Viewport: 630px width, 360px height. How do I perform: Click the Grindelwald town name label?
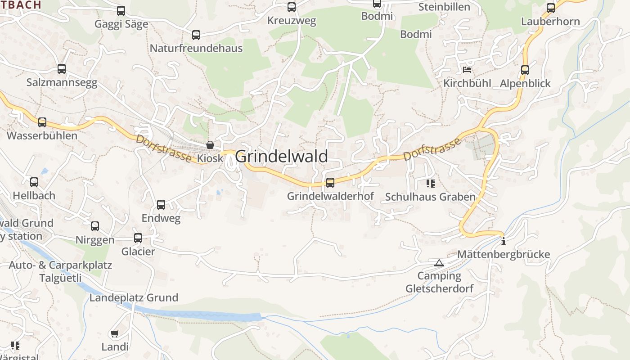281,156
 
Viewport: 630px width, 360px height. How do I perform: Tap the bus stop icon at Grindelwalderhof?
330,182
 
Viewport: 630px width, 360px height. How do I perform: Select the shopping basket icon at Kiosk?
210,145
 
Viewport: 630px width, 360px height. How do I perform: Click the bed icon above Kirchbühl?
467,70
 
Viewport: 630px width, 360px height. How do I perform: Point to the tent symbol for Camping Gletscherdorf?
439,263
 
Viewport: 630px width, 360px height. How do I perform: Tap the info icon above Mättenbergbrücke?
503,241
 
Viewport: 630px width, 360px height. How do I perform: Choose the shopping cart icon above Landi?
114,334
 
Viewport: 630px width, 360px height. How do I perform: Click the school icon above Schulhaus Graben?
431,183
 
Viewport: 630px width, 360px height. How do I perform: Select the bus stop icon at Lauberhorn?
551,8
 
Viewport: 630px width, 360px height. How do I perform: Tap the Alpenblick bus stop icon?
525,70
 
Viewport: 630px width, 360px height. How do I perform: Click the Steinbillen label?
444,7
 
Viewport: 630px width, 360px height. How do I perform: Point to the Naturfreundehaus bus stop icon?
196,35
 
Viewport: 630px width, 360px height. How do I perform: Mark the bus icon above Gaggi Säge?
121,10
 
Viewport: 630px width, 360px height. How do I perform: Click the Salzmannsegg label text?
62,82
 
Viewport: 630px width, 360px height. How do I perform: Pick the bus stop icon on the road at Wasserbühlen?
42,122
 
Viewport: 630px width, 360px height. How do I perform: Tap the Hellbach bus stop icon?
34,182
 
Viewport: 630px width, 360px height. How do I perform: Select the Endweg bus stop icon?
161,205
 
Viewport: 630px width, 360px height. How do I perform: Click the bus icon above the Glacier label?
138,238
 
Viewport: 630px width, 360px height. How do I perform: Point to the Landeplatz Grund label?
134,297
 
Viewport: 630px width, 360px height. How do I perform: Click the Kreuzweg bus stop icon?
292,7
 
